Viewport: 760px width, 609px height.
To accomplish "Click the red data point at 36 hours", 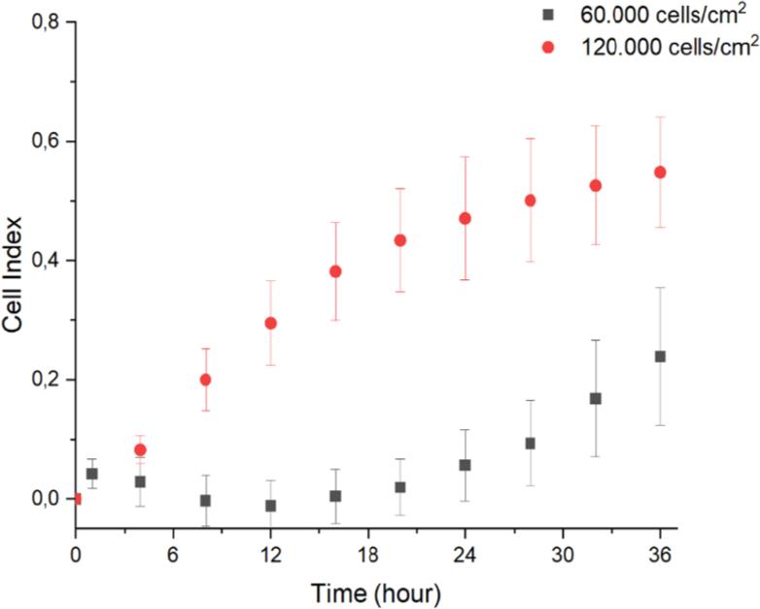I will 660,172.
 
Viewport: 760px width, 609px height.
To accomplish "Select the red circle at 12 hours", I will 271,323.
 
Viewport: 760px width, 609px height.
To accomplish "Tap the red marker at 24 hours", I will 466,219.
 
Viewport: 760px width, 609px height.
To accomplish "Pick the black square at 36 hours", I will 660,357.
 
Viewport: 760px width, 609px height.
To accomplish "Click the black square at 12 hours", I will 271,506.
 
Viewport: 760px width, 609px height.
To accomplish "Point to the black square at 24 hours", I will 466,465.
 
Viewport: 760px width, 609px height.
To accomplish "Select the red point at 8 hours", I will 205,379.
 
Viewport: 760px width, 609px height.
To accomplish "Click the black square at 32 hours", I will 596,399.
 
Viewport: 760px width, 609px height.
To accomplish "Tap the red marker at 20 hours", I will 400,240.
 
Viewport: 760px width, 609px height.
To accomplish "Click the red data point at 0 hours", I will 75,499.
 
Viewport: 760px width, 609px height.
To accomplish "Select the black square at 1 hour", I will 92,474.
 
